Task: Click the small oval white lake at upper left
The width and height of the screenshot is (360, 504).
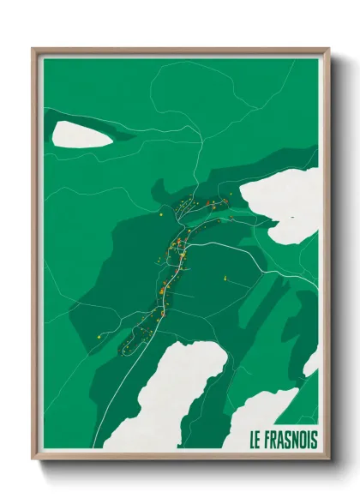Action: click(x=82, y=134)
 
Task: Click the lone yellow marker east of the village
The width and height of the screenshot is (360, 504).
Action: click(x=224, y=278)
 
